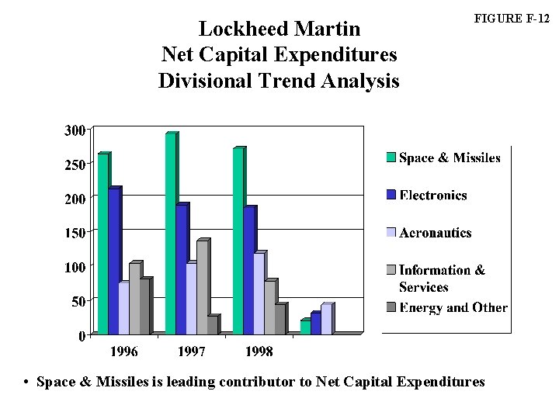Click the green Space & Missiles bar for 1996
[102, 244]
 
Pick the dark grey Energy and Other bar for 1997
[212, 326]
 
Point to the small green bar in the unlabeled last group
[305, 327]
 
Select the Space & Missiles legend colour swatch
[391, 158]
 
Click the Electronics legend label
[432, 196]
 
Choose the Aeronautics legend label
[435, 233]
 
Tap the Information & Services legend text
[441, 278]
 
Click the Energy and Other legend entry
[453, 308]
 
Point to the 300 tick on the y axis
[75, 130]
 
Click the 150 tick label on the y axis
[75, 232]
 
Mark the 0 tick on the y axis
[81, 336]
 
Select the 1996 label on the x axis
[123, 351]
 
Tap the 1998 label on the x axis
[259, 351]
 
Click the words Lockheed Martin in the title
[279, 29]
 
